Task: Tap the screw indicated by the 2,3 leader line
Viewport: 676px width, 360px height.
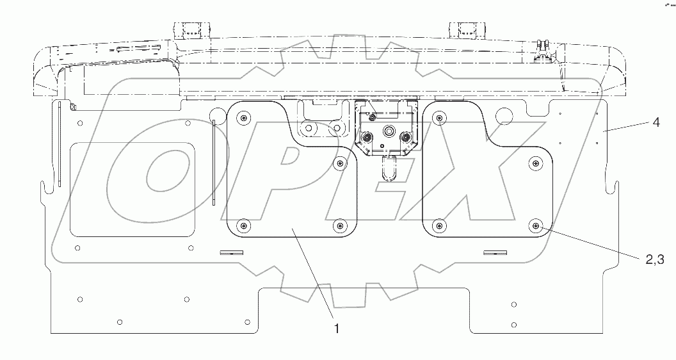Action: click(x=535, y=225)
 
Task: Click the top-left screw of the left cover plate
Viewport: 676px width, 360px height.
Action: click(x=242, y=117)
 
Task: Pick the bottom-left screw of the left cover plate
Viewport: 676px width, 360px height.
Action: click(x=242, y=225)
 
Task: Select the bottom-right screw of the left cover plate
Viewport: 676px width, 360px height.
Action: click(x=340, y=225)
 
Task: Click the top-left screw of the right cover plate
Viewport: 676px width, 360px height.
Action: click(x=438, y=117)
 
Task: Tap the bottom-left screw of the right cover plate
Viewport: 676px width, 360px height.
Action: click(x=438, y=225)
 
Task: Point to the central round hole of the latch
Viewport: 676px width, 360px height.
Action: click(x=388, y=131)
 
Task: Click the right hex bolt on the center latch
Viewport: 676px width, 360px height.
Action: click(x=405, y=138)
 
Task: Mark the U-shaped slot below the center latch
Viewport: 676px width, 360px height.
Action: click(x=387, y=170)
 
